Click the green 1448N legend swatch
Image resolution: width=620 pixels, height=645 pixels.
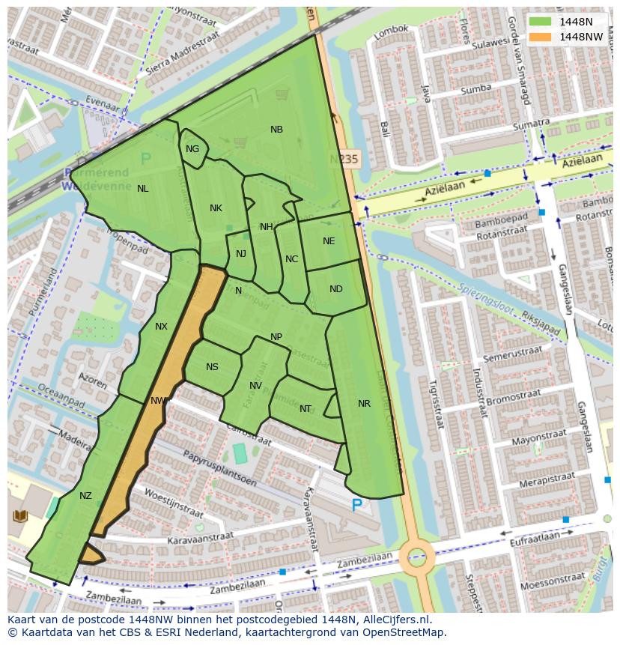pyautogui.click(x=538, y=22)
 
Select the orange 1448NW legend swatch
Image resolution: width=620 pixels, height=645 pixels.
pyautogui.click(x=538, y=36)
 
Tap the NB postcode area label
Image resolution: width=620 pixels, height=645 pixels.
pyautogui.click(x=276, y=130)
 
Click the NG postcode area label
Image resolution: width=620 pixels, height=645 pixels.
pyautogui.click(x=192, y=149)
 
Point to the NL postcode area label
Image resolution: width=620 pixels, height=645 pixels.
pyautogui.click(x=142, y=189)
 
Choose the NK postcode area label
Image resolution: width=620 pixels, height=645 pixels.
pyautogui.click(x=216, y=208)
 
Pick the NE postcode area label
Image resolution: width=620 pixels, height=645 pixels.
pyautogui.click(x=329, y=241)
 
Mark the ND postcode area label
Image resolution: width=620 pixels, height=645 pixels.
pyautogui.click(x=335, y=289)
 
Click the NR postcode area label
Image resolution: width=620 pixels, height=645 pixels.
pyautogui.click(x=364, y=404)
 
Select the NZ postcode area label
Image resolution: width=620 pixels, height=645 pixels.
pyautogui.click(x=85, y=496)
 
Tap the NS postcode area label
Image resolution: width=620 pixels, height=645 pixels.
pyautogui.click(x=212, y=367)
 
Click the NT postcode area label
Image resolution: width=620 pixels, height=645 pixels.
pyautogui.click(x=305, y=409)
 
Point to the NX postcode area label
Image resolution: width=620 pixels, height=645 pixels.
pyautogui.click(x=161, y=327)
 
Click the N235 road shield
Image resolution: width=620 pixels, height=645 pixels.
pyautogui.click(x=345, y=160)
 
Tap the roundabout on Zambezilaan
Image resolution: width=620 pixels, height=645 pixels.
pyautogui.click(x=416, y=557)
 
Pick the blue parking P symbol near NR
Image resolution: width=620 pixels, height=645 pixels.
pyautogui.click(x=357, y=506)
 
